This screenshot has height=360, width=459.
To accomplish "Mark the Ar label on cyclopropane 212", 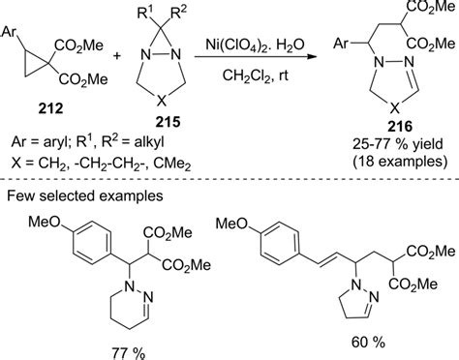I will [14, 18].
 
